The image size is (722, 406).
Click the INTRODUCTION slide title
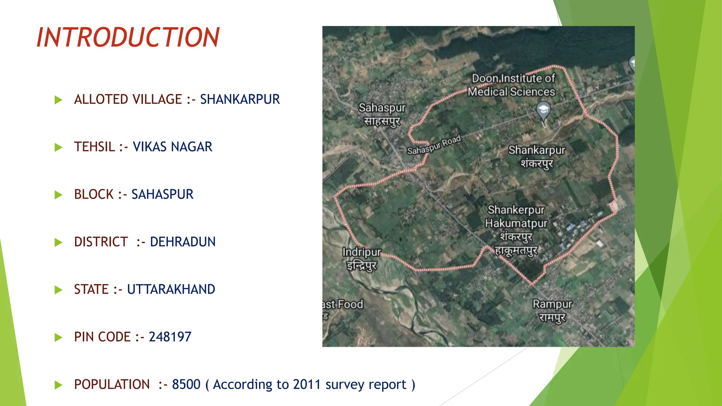pyautogui.click(x=128, y=37)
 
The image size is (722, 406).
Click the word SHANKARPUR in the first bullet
pyautogui.click(x=240, y=99)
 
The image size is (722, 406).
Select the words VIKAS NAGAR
pyautogui.click(x=172, y=147)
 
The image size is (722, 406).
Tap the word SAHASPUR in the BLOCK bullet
pyautogui.click(x=162, y=195)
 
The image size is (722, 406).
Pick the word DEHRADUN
pyautogui.click(x=183, y=242)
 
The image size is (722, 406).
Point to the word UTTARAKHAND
pyautogui.click(x=171, y=290)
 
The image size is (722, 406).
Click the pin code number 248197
pyautogui.click(x=170, y=337)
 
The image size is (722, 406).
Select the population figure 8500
pyautogui.click(x=186, y=385)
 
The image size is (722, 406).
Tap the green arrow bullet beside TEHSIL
pyautogui.click(x=59, y=147)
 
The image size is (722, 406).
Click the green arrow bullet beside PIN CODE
pyautogui.click(x=59, y=338)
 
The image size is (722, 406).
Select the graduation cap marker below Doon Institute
pyautogui.click(x=543, y=110)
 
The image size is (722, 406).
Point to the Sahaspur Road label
pyautogui.click(x=434, y=145)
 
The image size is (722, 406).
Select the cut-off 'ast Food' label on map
pyautogui.click(x=343, y=304)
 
